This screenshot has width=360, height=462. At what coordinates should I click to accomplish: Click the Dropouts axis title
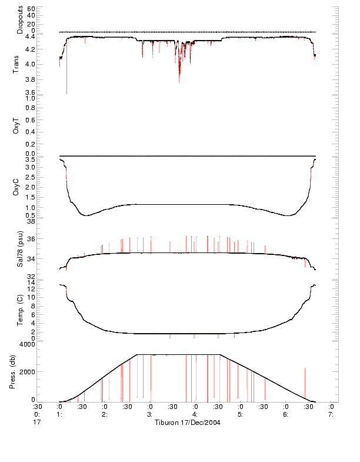click(21, 19)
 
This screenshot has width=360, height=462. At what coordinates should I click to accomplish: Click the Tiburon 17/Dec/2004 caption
click(186, 423)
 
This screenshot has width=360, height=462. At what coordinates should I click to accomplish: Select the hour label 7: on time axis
click(331, 414)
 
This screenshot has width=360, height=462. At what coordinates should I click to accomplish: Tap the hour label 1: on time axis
click(59, 414)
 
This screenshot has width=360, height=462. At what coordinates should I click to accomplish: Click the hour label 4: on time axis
click(195, 414)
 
